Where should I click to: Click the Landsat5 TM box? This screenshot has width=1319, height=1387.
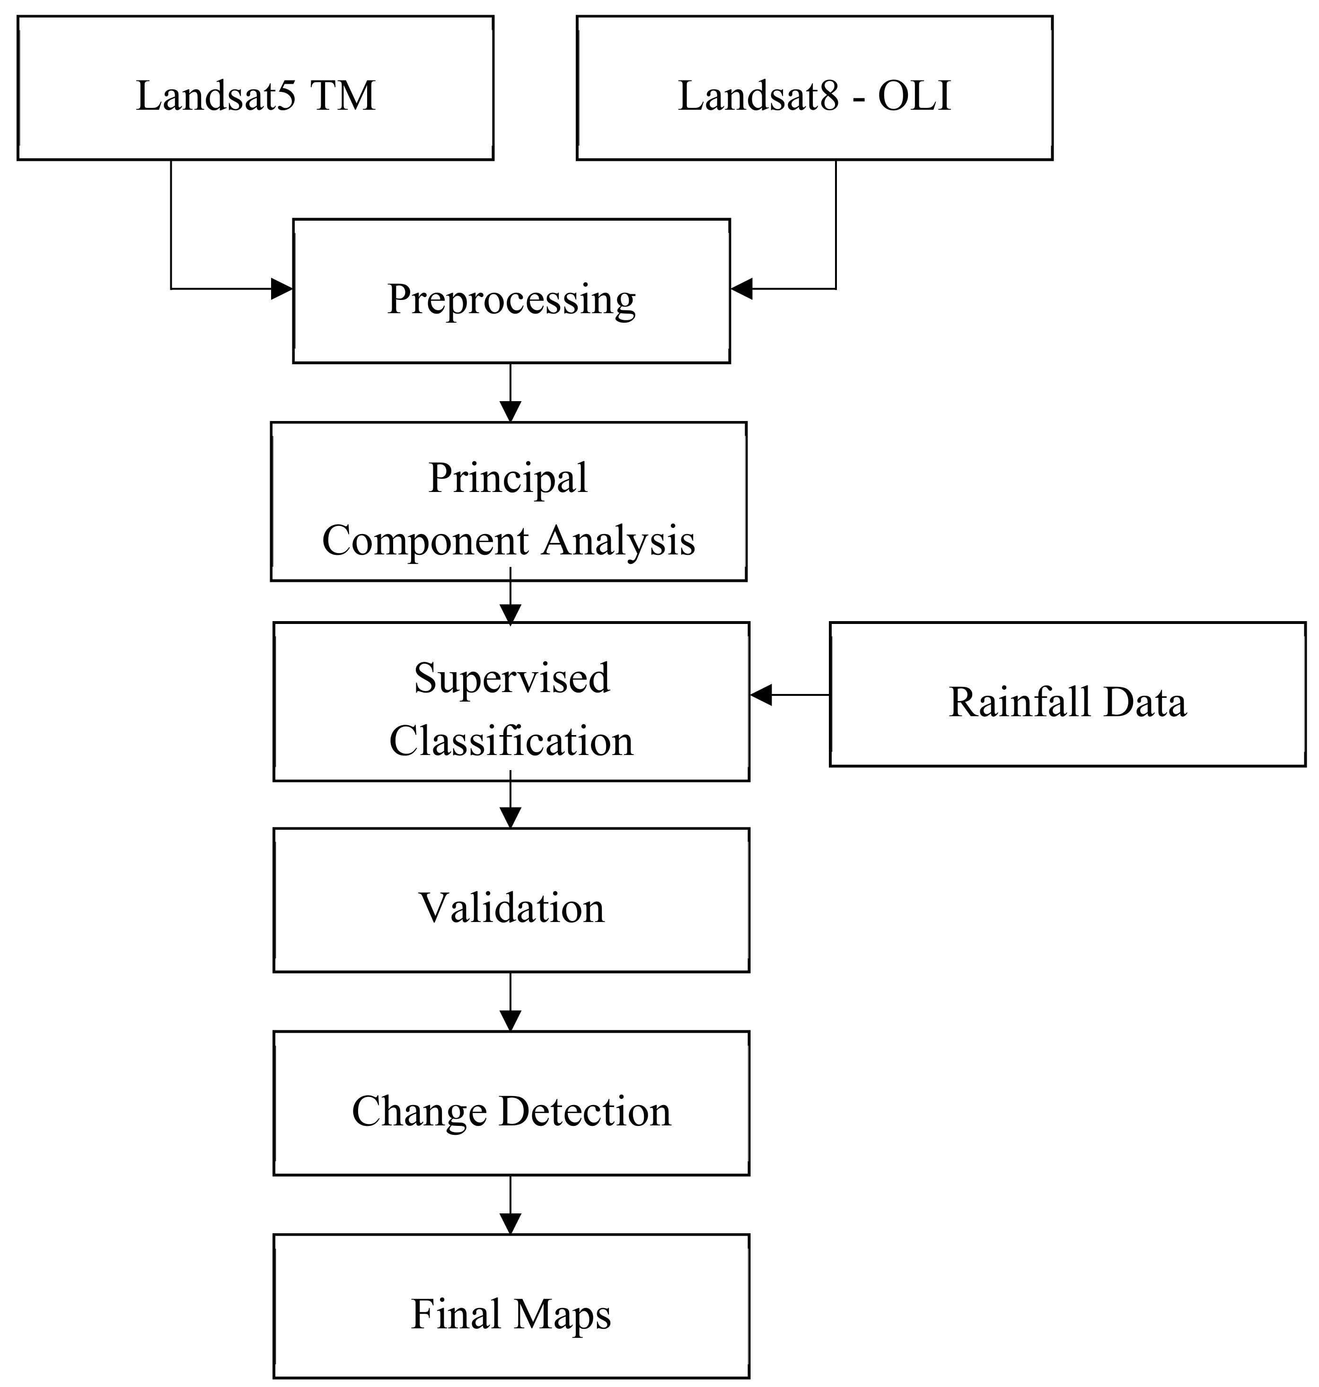coord(255,88)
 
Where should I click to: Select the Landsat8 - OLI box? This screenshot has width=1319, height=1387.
coord(814,88)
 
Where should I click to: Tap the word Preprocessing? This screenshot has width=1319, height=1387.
coord(511,299)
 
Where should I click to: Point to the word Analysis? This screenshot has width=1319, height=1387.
coord(619,541)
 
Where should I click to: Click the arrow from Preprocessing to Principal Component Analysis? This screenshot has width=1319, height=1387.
coord(510,394)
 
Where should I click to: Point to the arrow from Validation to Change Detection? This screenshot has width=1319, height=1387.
coord(510,1002)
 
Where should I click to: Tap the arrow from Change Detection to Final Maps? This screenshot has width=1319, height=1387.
coord(510,1205)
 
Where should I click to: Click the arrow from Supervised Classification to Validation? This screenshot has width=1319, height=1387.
coord(510,801)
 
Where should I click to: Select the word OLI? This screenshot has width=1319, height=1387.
coord(914,97)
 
